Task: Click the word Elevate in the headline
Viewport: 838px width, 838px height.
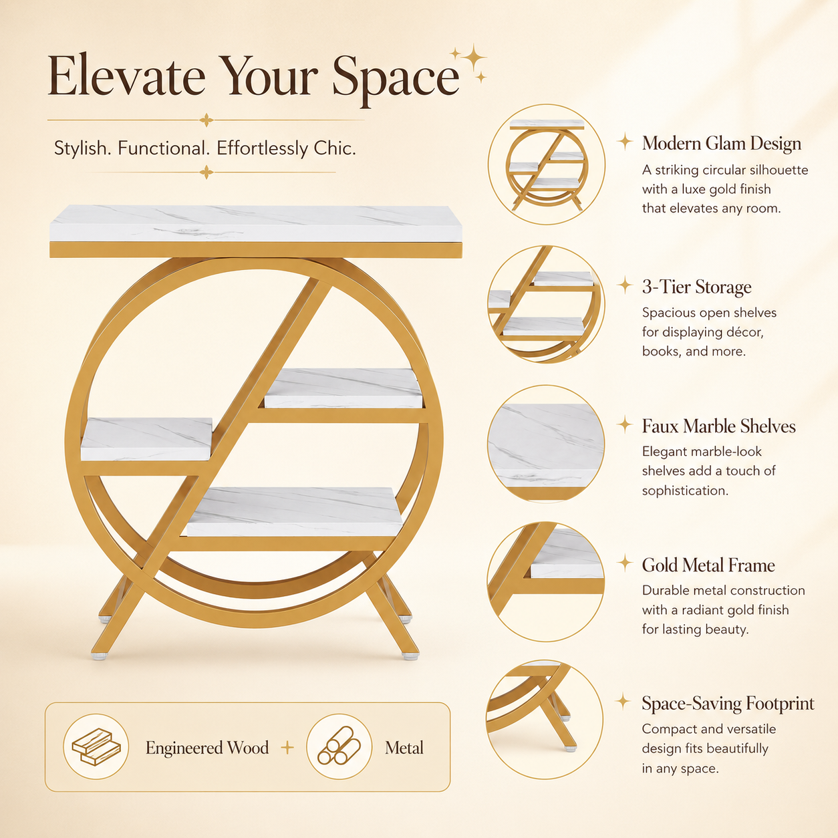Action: (x=126, y=76)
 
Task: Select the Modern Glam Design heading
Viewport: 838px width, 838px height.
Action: (x=722, y=144)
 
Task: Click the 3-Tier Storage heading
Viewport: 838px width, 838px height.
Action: (x=697, y=287)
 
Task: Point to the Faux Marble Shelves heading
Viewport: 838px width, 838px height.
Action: (x=719, y=426)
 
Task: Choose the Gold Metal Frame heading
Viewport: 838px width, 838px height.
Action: (x=708, y=565)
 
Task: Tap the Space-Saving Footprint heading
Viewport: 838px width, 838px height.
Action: (x=728, y=704)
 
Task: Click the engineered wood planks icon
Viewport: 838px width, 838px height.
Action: (x=96, y=747)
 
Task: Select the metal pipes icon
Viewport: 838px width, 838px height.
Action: (x=339, y=746)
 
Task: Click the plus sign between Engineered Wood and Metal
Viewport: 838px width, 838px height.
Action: (x=287, y=748)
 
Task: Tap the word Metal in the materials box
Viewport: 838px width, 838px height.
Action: (x=404, y=748)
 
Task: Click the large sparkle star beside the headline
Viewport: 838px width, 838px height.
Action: (x=474, y=58)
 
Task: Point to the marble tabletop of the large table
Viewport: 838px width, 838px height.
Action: (x=256, y=223)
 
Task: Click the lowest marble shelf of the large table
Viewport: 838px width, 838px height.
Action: (x=295, y=511)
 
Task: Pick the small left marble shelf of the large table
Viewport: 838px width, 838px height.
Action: (x=146, y=439)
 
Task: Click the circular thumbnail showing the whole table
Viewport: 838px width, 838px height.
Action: (x=547, y=164)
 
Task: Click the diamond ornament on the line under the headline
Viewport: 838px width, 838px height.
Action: (x=206, y=120)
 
